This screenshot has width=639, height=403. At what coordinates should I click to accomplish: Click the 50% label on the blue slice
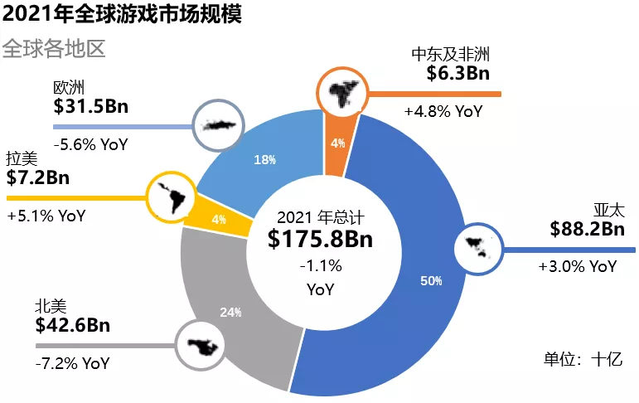click(x=431, y=281)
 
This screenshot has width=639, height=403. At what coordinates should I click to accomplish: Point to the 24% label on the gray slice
click(x=230, y=313)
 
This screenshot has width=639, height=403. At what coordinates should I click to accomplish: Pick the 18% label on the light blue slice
click(x=264, y=160)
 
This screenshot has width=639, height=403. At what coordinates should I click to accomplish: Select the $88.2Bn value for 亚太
click(x=587, y=229)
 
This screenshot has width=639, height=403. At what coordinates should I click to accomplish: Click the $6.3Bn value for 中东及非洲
click(x=458, y=74)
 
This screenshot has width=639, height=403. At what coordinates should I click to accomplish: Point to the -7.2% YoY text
click(x=72, y=363)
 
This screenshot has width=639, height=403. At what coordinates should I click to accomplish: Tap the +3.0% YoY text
click(x=577, y=266)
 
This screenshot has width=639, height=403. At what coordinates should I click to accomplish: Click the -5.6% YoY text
click(x=90, y=143)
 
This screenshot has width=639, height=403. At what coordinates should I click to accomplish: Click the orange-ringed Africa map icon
click(x=342, y=90)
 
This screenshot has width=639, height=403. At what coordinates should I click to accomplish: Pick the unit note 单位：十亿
click(x=583, y=360)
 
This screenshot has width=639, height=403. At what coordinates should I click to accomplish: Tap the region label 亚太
click(x=608, y=208)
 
